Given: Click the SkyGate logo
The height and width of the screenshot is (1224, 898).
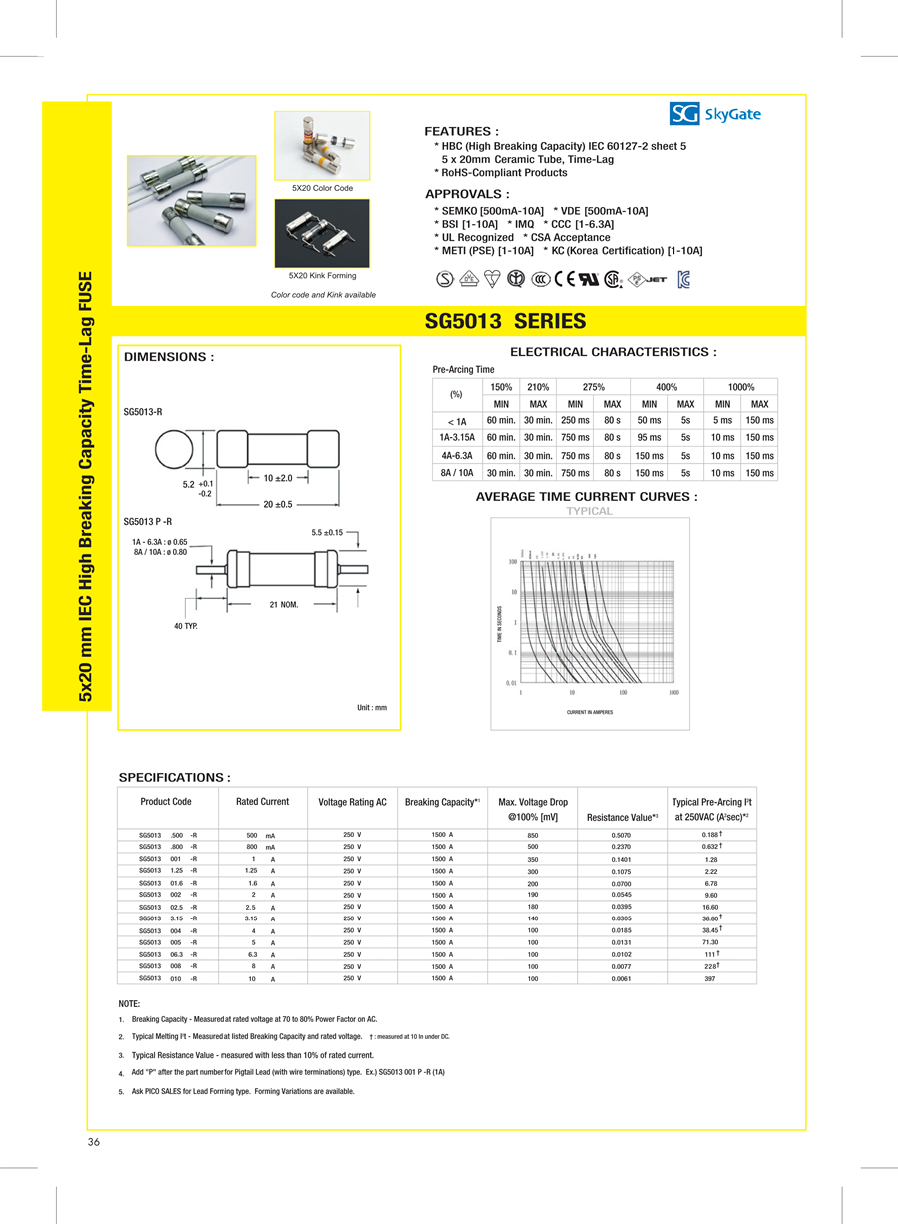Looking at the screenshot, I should [715, 114].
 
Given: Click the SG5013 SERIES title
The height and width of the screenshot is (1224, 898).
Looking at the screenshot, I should [505, 321].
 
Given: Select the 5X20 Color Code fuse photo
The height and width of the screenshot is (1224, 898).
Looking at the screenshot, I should [322, 146].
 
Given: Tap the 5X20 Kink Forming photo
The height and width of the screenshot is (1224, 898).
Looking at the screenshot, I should [322, 233].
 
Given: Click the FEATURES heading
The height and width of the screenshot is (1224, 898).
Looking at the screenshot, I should [462, 131].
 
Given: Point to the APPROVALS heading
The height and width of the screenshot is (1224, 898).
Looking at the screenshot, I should [467, 194].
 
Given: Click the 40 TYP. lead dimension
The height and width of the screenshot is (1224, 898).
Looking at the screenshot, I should [186, 626].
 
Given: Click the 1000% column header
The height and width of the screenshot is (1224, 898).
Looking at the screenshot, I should [740, 387].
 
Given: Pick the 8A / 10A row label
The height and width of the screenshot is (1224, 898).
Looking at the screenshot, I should [456, 473].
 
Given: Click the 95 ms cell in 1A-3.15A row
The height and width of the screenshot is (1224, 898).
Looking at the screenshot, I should [649, 438].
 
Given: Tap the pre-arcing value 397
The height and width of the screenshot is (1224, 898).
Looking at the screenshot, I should [710, 979].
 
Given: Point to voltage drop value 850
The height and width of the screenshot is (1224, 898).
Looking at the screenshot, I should [533, 835].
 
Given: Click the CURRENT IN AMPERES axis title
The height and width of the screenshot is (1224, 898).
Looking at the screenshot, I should [589, 712].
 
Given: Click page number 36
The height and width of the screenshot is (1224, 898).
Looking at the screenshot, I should [94, 1142].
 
